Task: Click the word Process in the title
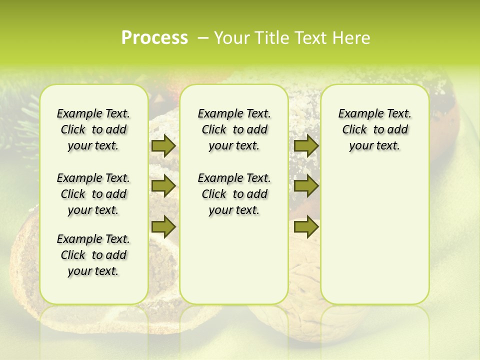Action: pos(154,37)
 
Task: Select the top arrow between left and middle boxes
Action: pos(163,145)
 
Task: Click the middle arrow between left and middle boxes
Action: pos(163,186)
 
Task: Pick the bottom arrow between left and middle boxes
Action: pos(163,227)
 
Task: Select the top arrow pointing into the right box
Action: pos(305,145)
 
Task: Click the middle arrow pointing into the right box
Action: pos(305,186)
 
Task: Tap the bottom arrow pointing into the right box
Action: pos(305,227)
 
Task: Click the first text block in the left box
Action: pos(93,129)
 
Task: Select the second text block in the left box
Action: pos(93,194)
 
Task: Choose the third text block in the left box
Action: pos(93,255)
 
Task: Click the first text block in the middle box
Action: pos(234,129)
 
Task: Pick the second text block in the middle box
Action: pos(234,194)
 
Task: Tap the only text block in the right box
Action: pos(374,129)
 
